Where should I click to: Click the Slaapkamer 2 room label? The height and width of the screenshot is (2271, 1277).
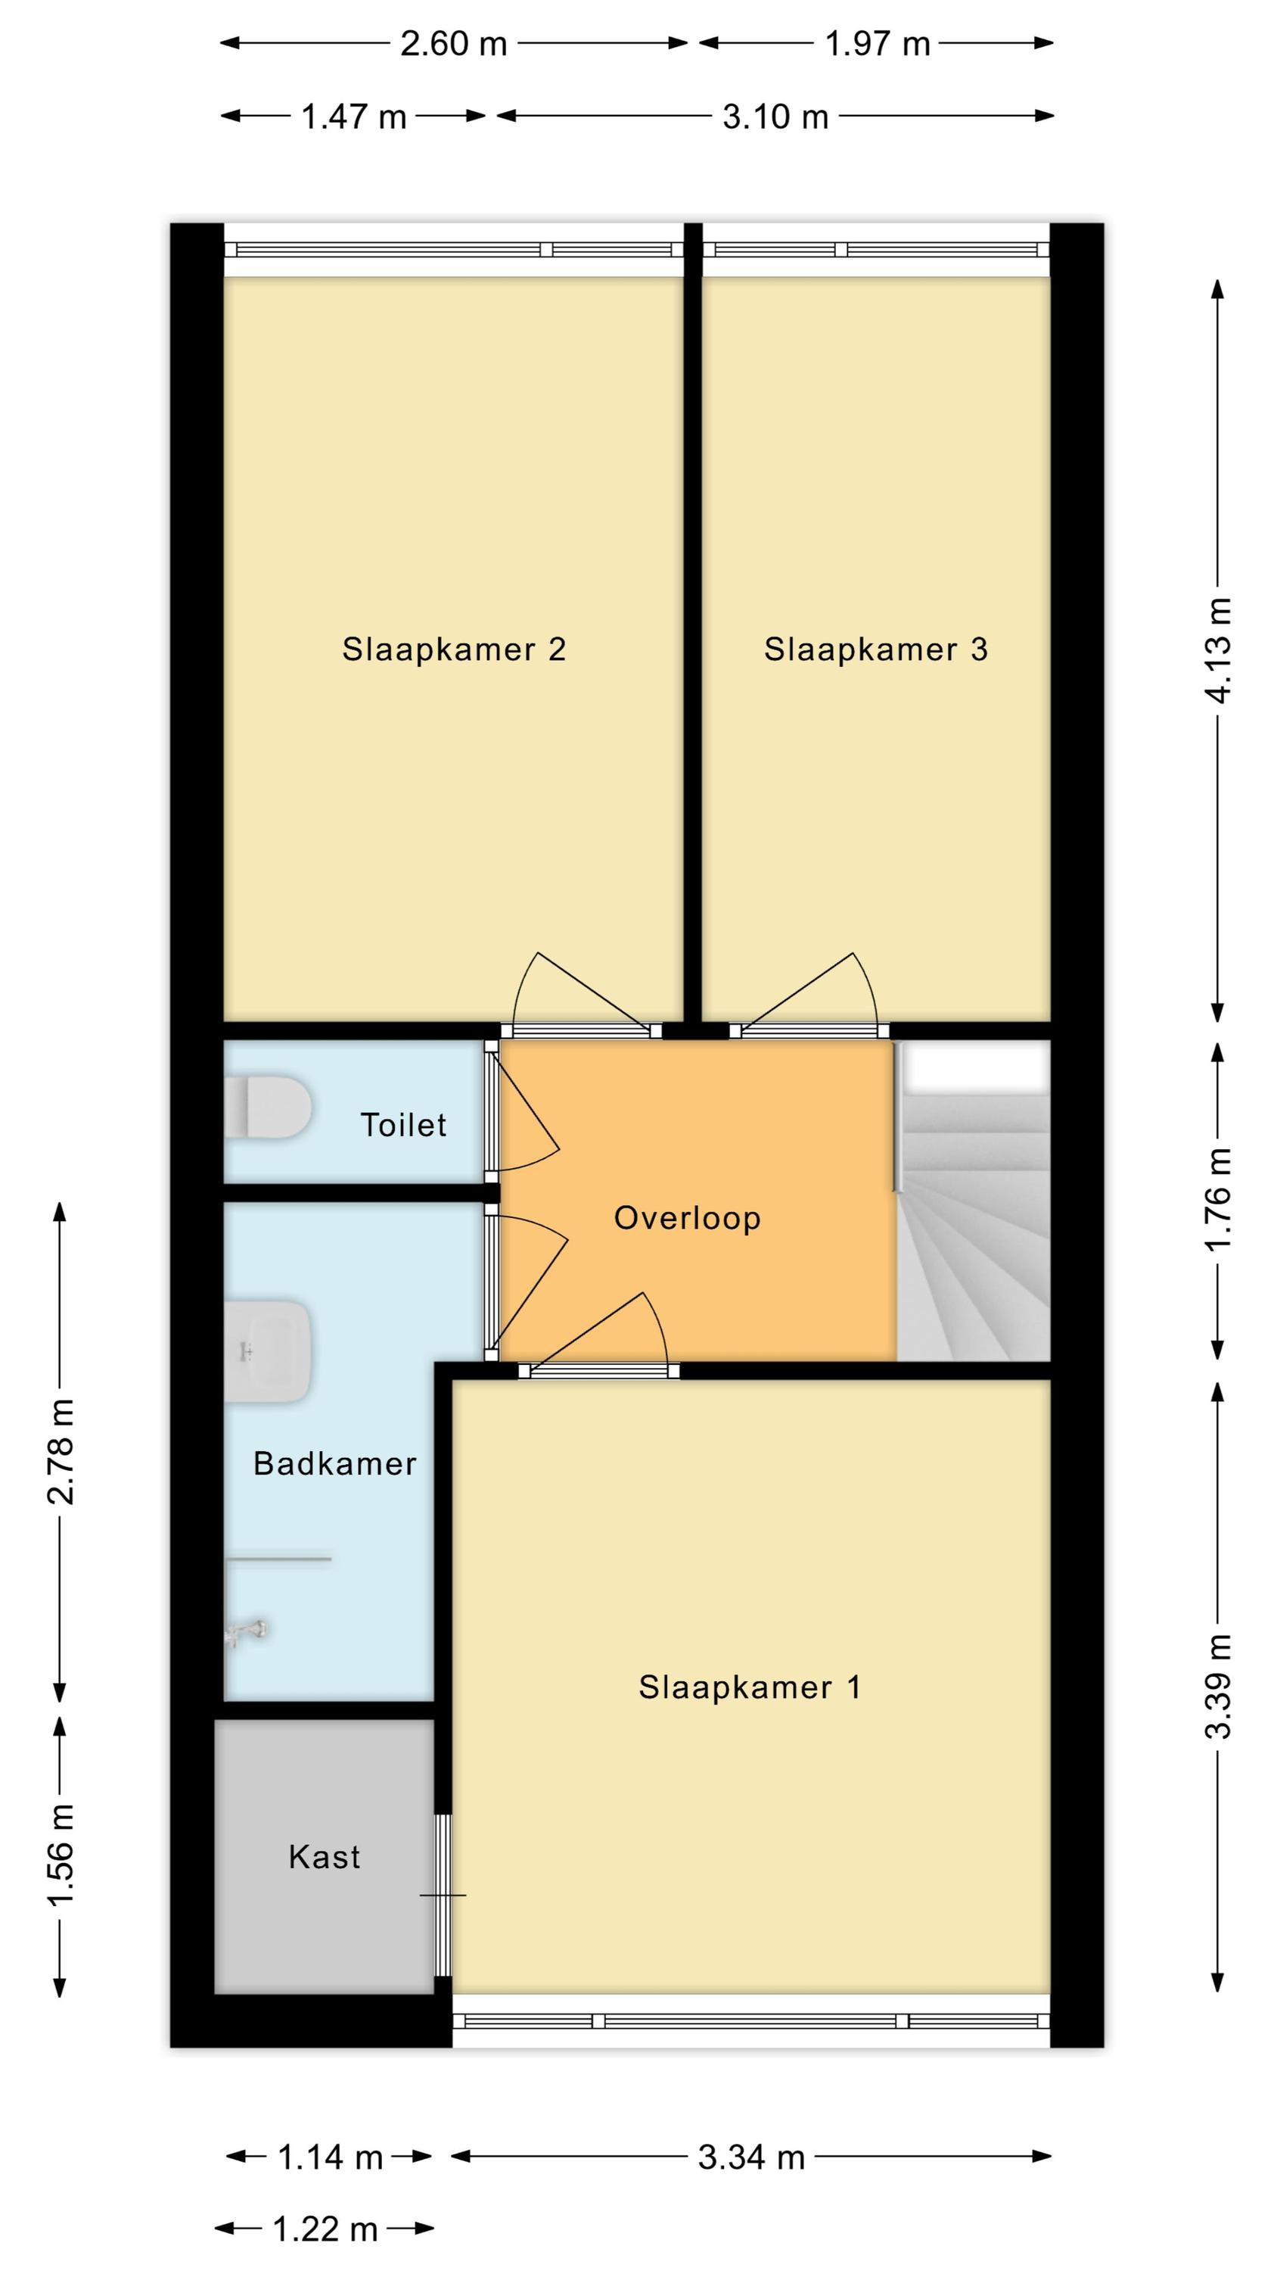click(x=454, y=650)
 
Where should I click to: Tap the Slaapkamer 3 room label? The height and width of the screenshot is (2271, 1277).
click(x=876, y=650)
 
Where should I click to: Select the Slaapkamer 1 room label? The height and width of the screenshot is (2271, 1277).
click(x=750, y=1687)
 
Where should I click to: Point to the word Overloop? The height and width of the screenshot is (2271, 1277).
click(x=688, y=1218)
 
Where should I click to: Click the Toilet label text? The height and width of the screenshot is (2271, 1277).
click(x=404, y=1125)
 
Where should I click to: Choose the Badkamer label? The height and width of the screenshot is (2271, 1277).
click(x=335, y=1463)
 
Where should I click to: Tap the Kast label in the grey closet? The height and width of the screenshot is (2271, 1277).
click(x=325, y=1858)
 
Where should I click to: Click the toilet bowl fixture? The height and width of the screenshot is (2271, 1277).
click(x=268, y=1107)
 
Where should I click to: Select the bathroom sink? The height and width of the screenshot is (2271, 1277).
click(x=268, y=1350)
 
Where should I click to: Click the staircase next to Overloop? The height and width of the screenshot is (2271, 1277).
click(x=974, y=1201)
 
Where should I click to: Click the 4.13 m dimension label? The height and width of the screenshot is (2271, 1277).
click(x=1219, y=650)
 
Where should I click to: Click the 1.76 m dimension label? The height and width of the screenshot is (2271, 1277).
click(x=1219, y=1198)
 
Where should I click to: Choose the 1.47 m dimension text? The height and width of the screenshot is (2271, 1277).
click(x=354, y=117)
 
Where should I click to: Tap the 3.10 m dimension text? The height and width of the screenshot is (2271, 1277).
click(x=775, y=117)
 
